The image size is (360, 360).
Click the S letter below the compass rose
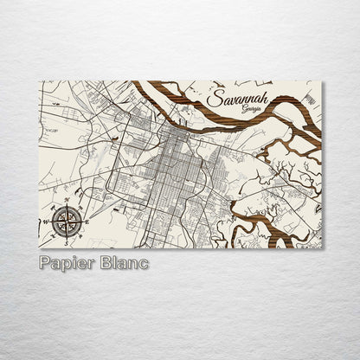[x=65, y=241]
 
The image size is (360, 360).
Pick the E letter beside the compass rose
[x=83, y=223]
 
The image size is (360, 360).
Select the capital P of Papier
[x=45, y=261]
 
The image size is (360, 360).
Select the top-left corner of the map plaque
[x=39, y=81]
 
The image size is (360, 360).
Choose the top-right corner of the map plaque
[x=322, y=81]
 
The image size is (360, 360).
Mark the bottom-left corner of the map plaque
[x=39, y=248]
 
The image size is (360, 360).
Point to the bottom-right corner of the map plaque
[x=322, y=248]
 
